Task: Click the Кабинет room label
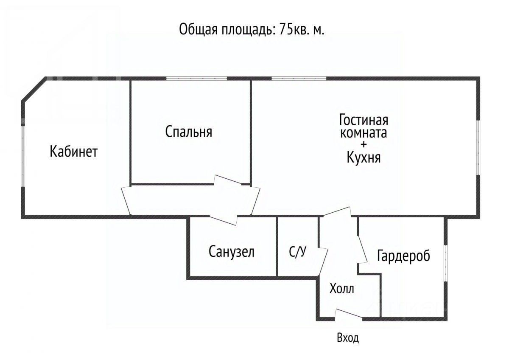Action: coord(73,152)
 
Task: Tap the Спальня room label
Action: coord(189,132)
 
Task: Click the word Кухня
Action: coord(364,158)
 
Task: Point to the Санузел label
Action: coord(232,252)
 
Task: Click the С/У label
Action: coord(297,252)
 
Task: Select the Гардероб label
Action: coord(403,256)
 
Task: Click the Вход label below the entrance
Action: coord(348,338)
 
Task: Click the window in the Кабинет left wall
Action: coord(24,156)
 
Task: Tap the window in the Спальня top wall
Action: coord(196,78)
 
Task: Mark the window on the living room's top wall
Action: coord(299,78)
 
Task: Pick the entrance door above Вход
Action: coord(348,315)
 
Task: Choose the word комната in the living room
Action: coord(364,132)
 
